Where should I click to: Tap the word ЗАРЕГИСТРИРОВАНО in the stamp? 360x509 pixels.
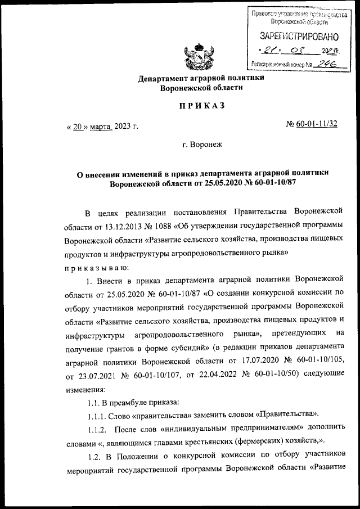click(x=299, y=37)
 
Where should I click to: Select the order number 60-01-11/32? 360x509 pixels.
click(x=321, y=124)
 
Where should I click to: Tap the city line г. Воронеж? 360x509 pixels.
click(x=202, y=145)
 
